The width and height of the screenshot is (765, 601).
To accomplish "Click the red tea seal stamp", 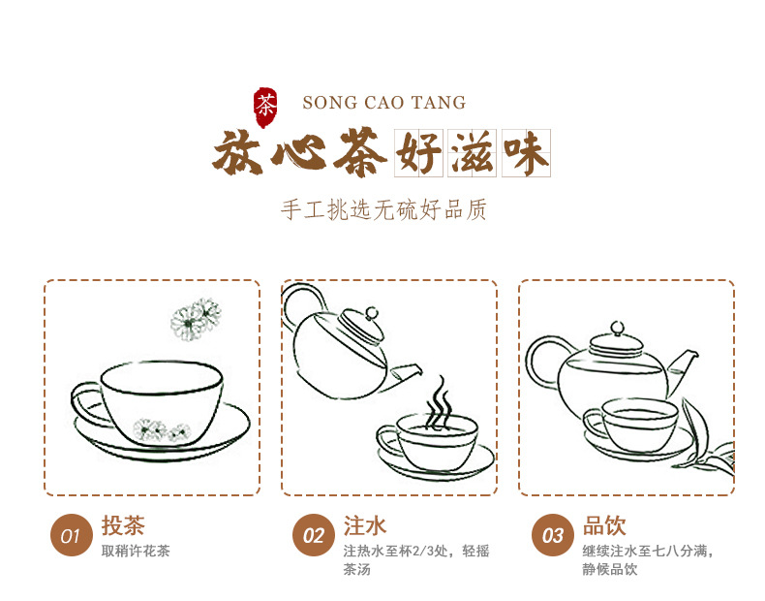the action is pyautogui.click(x=265, y=108).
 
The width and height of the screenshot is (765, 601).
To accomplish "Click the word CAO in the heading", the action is pyautogui.click(x=384, y=103).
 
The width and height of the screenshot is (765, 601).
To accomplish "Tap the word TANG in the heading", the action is pyautogui.click(x=438, y=103).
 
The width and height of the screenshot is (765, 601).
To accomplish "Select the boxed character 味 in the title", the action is pyautogui.click(x=526, y=153).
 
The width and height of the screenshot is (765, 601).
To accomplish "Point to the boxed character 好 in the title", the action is pyautogui.click(x=418, y=153).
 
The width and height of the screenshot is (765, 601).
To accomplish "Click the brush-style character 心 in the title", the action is pyautogui.click(x=298, y=152).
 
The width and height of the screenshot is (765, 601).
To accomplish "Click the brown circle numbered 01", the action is pyautogui.click(x=72, y=535).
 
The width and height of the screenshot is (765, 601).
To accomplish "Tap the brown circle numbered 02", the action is pyautogui.click(x=314, y=535).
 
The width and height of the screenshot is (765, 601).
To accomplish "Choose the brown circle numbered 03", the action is pyautogui.click(x=553, y=535).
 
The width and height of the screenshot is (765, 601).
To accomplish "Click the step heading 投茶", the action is pyautogui.click(x=123, y=525).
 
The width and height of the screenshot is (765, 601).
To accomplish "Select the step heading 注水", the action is pyautogui.click(x=364, y=525).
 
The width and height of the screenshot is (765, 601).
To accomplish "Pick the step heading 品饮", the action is pyautogui.click(x=604, y=525).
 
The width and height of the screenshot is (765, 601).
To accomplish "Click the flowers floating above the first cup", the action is pyautogui.click(x=196, y=319).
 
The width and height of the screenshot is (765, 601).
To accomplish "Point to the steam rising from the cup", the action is pyautogui.click(x=439, y=403).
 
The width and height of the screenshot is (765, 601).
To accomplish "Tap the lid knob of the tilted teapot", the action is pyautogui.click(x=372, y=313).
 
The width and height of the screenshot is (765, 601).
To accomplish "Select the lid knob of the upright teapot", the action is pyautogui.click(x=617, y=328).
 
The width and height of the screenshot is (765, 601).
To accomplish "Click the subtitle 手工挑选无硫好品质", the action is pyautogui.click(x=383, y=210).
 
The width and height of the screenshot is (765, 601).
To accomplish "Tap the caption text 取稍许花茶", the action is pyautogui.click(x=136, y=551).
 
